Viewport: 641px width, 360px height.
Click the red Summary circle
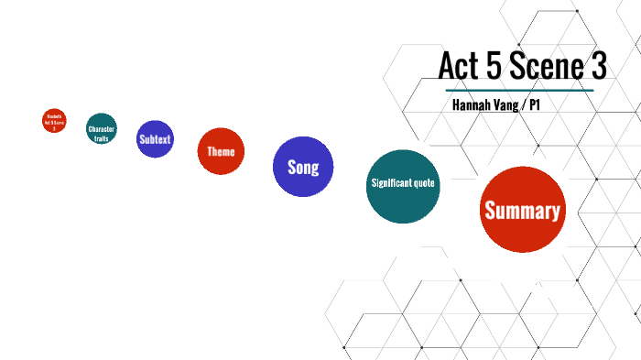click(522, 210)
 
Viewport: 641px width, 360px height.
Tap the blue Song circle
click(303, 167)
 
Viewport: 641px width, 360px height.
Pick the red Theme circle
click(221, 151)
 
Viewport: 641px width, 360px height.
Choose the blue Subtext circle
click(156, 139)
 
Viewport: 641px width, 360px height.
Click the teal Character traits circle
click(102, 129)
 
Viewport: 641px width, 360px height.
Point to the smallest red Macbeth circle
click(54, 121)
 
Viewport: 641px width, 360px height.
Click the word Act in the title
click(460, 66)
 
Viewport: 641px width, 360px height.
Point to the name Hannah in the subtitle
click(474, 105)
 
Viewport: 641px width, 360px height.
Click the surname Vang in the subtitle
click(513, 105)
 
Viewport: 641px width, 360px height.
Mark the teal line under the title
click(520, 90)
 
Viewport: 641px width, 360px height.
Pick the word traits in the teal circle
click(102, 138)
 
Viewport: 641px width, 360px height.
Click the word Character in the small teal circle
click(102, 130)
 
